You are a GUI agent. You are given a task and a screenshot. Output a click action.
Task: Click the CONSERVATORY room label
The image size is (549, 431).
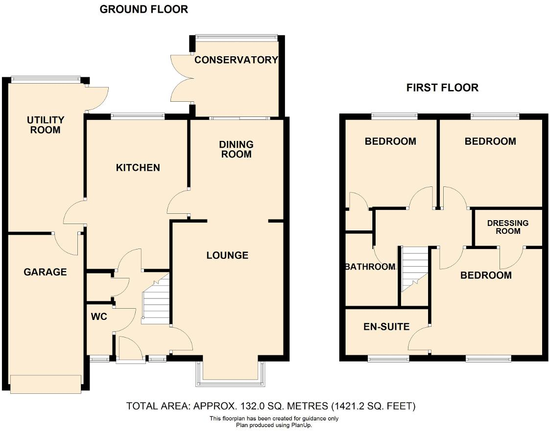236,60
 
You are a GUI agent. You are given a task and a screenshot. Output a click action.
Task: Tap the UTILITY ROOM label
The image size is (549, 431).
46,125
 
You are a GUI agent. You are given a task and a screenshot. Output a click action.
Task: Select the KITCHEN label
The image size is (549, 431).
138,168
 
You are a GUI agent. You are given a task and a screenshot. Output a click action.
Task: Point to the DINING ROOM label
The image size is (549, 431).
236,149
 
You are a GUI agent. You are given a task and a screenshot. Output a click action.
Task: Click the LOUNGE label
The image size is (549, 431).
227,255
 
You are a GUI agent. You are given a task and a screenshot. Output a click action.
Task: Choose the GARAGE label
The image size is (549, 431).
45,272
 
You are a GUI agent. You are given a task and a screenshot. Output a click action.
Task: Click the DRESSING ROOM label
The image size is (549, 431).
508,227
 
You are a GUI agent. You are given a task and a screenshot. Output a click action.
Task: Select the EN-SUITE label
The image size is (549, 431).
386,327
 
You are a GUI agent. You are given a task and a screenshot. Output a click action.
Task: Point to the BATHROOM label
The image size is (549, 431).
370,267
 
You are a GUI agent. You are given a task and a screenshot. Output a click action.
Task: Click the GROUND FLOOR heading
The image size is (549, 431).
143,9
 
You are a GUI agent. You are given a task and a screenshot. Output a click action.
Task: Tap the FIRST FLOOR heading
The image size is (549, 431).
442,88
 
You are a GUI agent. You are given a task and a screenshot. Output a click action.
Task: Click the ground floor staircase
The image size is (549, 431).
156,301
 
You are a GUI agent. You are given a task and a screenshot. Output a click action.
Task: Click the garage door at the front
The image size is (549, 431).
46,384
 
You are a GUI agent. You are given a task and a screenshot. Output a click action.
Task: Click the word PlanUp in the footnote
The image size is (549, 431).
301,425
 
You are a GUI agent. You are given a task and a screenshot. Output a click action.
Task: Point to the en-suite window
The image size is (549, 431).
388,359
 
